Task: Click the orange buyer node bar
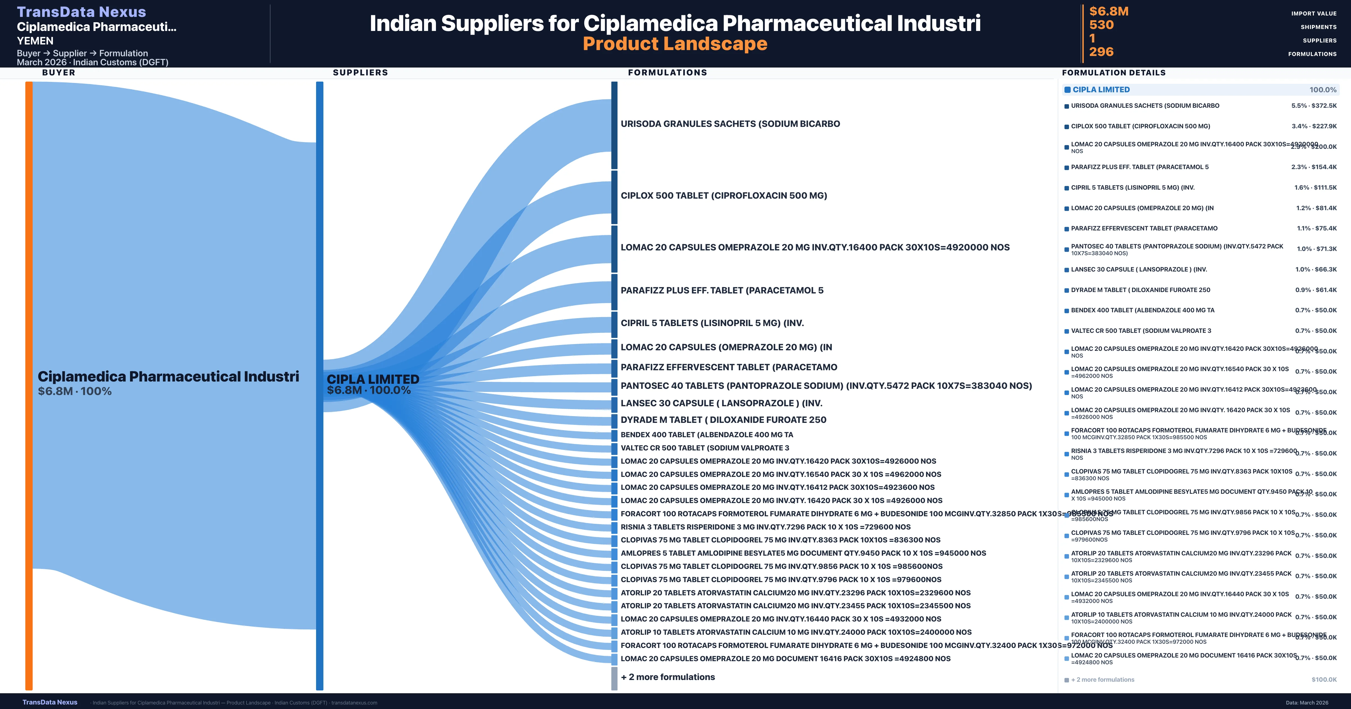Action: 29,385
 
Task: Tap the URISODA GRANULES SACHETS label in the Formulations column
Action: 730,124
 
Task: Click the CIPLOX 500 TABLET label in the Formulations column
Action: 724,196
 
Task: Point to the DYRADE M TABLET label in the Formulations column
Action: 723,419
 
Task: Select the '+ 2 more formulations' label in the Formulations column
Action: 668,677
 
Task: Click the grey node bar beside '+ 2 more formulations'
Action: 614,678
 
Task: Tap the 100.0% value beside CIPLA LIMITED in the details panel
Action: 1323,90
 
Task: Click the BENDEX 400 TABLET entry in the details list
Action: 1142,310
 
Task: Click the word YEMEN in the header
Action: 35,41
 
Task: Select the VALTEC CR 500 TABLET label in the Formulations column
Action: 704,448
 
